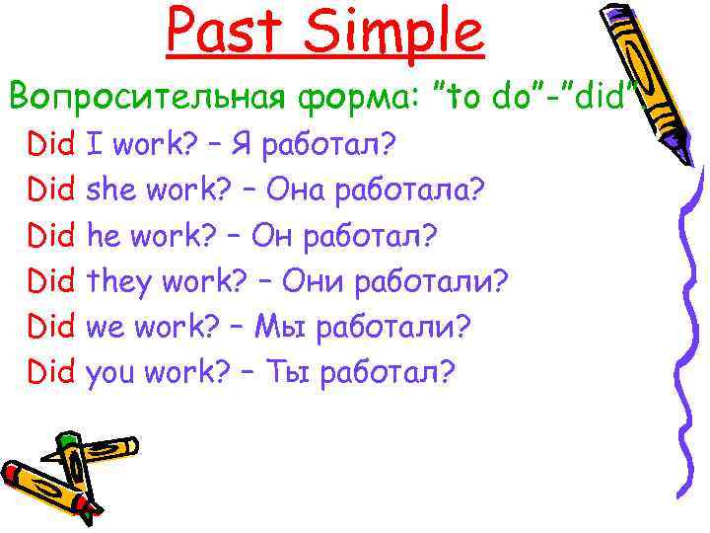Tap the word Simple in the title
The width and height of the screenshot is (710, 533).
click(x=392, y=32)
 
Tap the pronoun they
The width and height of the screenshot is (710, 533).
click(x=120, y=282)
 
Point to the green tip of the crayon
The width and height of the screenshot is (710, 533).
click(x=65, y=438)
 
